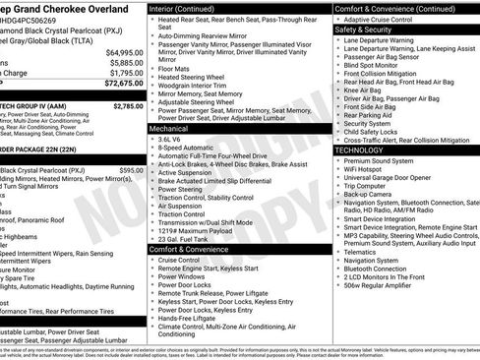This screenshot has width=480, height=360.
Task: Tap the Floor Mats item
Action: [174, 69]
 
